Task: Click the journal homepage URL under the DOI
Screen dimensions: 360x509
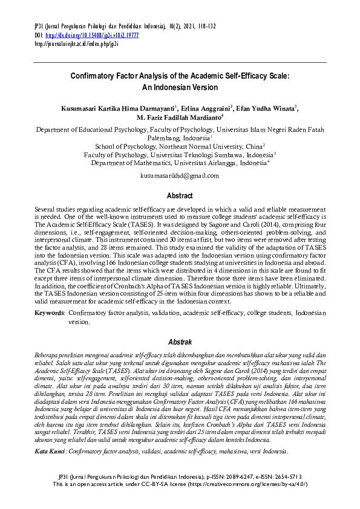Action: click(76, 44)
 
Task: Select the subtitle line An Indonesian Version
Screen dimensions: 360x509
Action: click(179, 87)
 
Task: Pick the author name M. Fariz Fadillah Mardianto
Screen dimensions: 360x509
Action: click(178, 117)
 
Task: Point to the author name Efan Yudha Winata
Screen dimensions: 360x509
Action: click(266, 108)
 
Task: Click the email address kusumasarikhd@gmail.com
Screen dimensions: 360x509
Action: click(180, 175)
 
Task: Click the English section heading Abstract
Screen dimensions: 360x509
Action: click(180, 196)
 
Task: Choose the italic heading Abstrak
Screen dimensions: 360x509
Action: click(180, 342)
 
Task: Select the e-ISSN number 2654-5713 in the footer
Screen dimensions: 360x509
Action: click(292, 494)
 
